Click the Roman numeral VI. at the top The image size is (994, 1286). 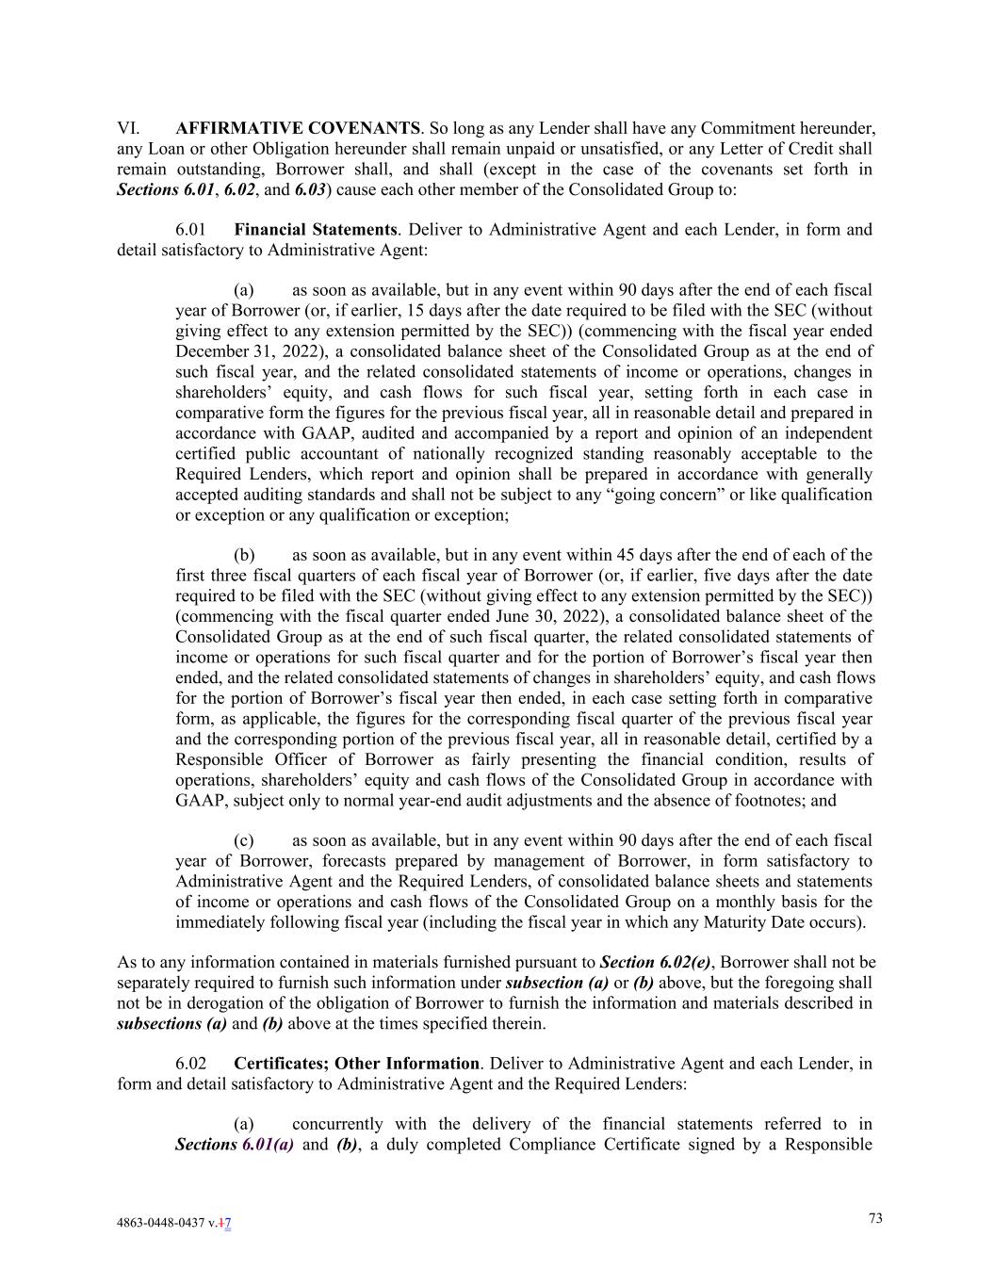[x=128, y=128]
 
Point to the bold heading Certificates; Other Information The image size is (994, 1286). [x=356, y=1064]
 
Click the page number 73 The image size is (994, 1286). [x=875, y=1218]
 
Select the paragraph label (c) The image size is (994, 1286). [x=244, y=840]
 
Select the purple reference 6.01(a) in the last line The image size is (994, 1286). [x=268, y=1145]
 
